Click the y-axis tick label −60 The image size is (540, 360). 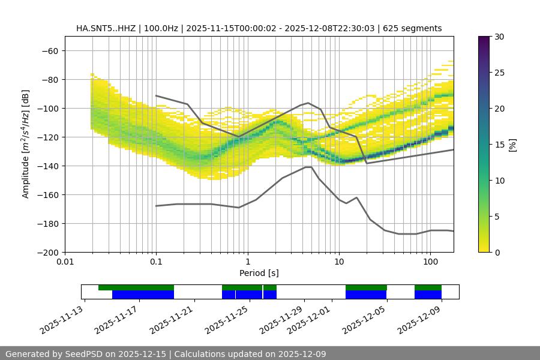click(x=49, y=50)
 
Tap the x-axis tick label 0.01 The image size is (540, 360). click(x=65, y=262)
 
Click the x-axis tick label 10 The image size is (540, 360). click(x=338, y=262)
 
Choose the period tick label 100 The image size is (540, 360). click(x=430, y=262)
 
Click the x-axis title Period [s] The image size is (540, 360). click(x=259, y=274)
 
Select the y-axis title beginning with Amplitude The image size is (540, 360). click(x=26, y=144)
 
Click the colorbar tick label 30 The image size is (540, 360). click(x=499, y=37)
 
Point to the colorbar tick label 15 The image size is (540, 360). click(x=499, y=145)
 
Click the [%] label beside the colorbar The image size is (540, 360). click(x=513, y=145)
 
